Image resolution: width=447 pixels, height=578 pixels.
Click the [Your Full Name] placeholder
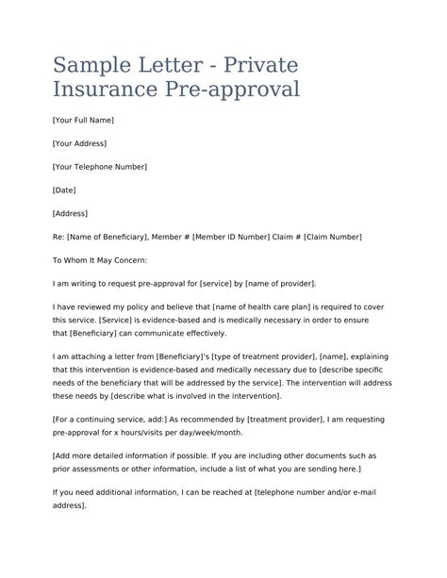point(84,120)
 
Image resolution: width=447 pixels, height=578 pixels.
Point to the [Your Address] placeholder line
point(79,143)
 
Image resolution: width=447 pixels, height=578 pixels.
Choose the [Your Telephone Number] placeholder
point(100,166)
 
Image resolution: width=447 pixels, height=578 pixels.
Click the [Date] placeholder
point(66,190)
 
